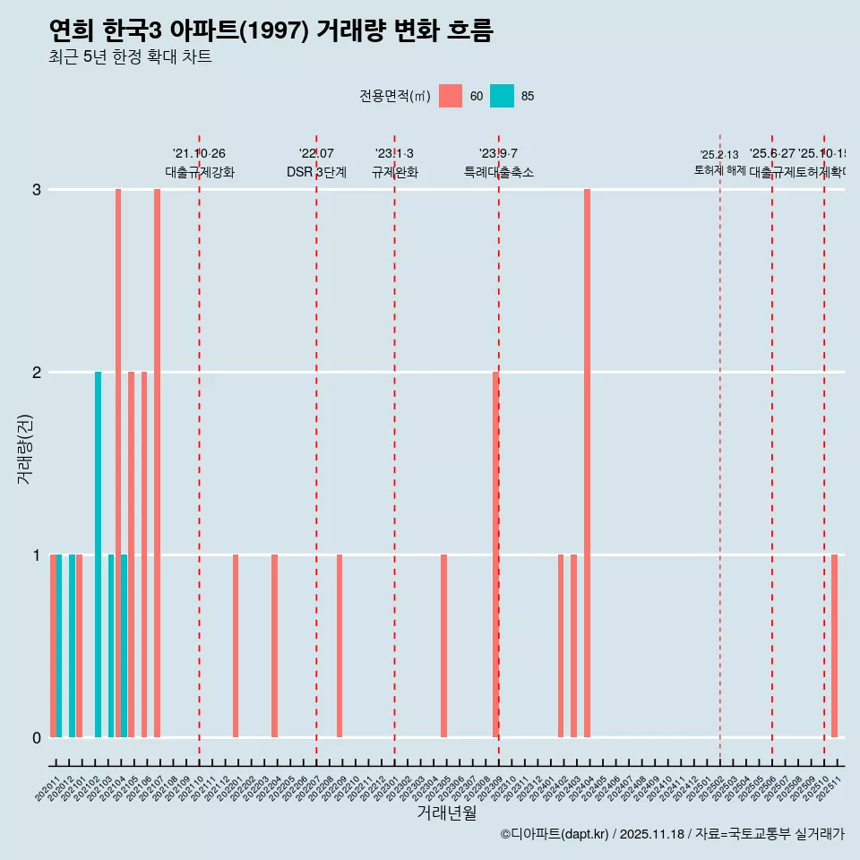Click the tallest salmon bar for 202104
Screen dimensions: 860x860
(x=118, y=462)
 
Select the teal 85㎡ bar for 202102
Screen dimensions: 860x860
(x=99, y=554)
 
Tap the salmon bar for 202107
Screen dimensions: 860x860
(x=157, y=462)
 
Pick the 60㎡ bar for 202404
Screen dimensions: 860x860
(x=587, y=462)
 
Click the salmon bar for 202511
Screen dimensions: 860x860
(x=834, y=645)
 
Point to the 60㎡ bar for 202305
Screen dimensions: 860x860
(x=443, y=645)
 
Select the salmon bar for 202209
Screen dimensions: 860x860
(x=340, y=645)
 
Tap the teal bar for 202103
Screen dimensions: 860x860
(x=111, y=645)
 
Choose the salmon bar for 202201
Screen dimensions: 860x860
(x=236, y=645)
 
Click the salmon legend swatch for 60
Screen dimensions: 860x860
(x=451, y=96)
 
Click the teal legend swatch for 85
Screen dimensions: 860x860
(x=503, y=96)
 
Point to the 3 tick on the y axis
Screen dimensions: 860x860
(x=37, y=189)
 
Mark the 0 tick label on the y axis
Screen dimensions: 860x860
(x=37, y=737)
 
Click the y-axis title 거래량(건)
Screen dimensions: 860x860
(x=25, y=448)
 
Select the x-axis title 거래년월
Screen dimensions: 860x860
(x=446, y=813)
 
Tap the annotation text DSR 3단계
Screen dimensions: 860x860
(x=316, y=172)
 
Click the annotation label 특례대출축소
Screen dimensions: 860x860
(x=498, y=172)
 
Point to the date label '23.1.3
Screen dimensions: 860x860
(x=394, y=154)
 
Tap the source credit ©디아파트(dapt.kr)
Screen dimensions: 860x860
(x=555, y=834)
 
